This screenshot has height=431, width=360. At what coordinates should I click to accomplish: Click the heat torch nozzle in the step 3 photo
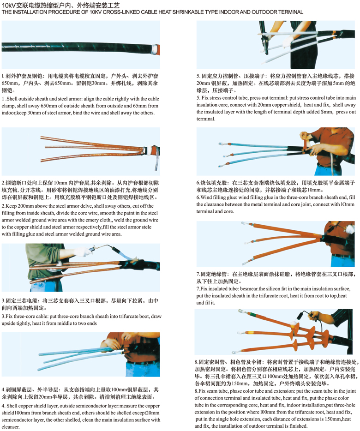115,250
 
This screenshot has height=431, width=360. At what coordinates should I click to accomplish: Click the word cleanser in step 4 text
11,427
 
